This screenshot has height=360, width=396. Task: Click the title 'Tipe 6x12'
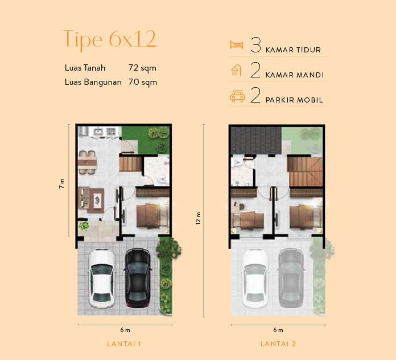point(109,39)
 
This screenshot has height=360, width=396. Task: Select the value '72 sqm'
point(142,68)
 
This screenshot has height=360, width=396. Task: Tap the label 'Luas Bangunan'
point(93,82)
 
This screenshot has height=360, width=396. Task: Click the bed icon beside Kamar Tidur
point(237,44)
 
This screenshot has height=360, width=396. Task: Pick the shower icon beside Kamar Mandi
point(236,70)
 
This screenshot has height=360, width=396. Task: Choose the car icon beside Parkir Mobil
point(237,96)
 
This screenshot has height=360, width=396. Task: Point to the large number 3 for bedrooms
point(255,45)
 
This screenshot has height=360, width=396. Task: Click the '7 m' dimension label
point(61,183)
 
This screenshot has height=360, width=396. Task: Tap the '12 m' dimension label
point(198,218)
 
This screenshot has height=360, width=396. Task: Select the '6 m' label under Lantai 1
point(125,330)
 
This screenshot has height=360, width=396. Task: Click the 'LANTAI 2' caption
point(278,344)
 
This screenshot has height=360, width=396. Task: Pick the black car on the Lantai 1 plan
point(138,277)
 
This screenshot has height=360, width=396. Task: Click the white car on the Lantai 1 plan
point(101,279)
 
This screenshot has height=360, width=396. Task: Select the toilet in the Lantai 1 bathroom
point(163,180)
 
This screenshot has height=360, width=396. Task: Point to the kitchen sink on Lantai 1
point(98,132)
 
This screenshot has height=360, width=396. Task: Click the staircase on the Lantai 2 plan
point(305,171)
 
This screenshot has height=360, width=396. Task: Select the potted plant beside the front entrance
point(84,226)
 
